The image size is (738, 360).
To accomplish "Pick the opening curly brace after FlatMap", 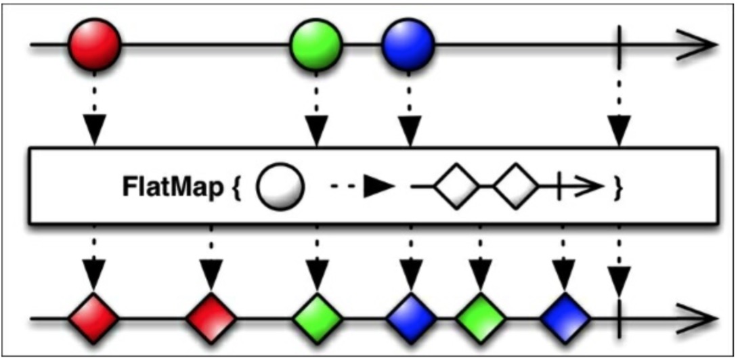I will tap(236, 189).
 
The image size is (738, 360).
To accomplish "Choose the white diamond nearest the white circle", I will tap(456, 185).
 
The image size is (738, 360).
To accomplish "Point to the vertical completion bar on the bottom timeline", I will tap(619, 318).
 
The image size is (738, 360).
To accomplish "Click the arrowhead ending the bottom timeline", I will tap(704, 318).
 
